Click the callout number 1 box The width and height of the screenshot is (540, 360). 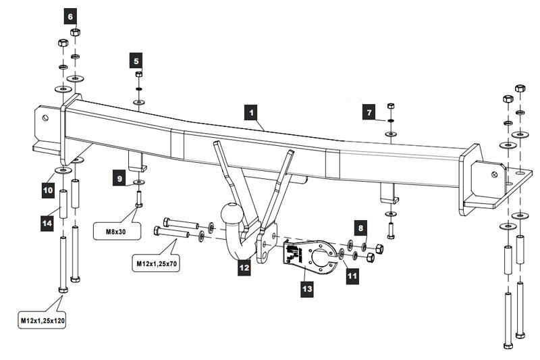pyautogui.click(x=251, y=113)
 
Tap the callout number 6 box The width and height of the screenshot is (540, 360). pyautogui.click(x=71, y=16)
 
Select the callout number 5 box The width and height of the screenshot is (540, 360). pyautogui.click(x=136, y=61)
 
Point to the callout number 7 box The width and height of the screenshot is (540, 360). pyautogui.click(x=369, y=112)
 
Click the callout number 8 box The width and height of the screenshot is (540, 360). pyautogui.click(x=360, y=228)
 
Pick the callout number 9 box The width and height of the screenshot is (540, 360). pyautogui.click(x=119, y=178)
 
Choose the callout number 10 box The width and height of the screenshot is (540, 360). pyautogui.click(x=48, y=190)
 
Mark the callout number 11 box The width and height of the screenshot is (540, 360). pyautogui.click(x=352, y=276)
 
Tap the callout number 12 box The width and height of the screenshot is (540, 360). pyautogui.click(x=244, y=267)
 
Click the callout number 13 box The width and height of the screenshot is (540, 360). pyautogui.click(x=307, y=288)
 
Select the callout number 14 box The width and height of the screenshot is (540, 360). pyautogui.click(x=47, y=223)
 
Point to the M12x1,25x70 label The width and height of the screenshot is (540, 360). pyautogui.click(x=157, y=264)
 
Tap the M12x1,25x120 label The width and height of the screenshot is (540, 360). pyautogui.click(x=43, y=321)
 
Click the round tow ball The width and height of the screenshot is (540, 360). pyautogui.click(x=231, y=213)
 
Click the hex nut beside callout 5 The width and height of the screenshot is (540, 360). pyautogui.click(x=139, y=74)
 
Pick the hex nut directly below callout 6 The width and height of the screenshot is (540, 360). pyautogui.click(x=75, y=32)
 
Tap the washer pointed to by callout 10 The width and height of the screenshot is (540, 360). pyautogui.click(x=63, y=170)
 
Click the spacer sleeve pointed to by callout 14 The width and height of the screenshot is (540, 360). pyautogui.click(x=63, y=203)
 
